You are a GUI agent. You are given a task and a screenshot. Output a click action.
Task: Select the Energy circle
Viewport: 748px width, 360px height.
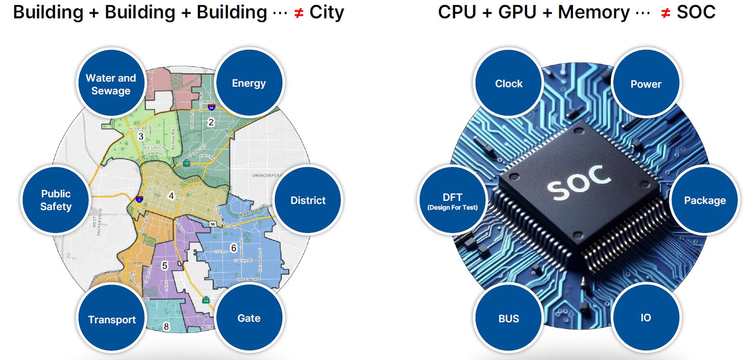249,83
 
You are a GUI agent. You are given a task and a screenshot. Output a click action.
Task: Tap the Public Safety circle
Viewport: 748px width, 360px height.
56,200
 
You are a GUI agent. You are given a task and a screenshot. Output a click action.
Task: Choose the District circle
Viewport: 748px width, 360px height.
308,200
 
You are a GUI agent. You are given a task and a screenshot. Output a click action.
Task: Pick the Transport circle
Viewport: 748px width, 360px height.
112,319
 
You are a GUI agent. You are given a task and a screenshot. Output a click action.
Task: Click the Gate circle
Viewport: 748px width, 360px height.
249,318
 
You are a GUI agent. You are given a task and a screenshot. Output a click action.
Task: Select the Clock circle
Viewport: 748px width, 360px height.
509,84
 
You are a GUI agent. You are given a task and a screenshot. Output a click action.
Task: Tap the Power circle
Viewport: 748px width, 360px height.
645,84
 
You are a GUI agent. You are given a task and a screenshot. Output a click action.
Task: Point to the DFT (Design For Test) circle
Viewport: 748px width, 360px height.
453,200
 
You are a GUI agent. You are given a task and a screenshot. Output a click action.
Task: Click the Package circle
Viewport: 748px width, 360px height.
704,200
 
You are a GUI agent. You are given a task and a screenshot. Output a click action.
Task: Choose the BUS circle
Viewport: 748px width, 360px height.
508,318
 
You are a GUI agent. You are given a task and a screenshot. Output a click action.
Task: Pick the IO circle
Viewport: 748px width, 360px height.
645,317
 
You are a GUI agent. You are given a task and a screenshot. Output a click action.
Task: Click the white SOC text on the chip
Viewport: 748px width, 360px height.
579,181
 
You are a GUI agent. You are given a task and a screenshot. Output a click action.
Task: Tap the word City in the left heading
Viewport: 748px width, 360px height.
326,12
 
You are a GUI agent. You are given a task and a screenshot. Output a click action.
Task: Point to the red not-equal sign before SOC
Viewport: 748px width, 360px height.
665,13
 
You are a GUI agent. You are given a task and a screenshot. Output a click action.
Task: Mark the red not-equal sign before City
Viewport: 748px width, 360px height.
300,13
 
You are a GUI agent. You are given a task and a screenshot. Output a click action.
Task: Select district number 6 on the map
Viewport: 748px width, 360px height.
234,248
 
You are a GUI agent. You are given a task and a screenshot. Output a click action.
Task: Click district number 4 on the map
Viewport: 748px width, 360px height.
171,195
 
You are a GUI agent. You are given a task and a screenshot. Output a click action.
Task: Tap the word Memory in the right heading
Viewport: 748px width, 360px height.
593,12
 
